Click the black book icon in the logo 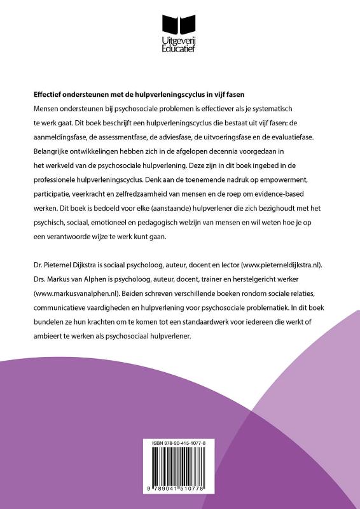tap(180, 25)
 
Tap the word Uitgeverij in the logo tap(180, 41)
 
